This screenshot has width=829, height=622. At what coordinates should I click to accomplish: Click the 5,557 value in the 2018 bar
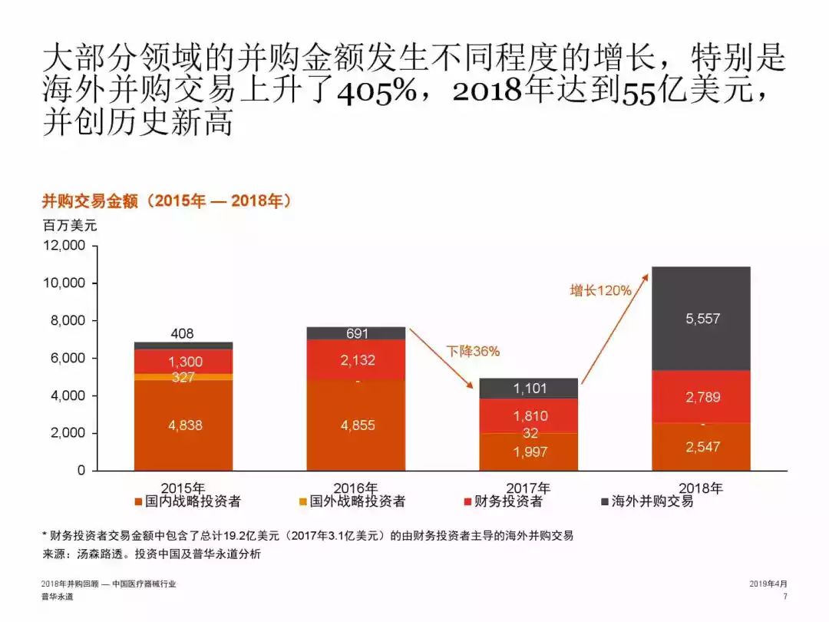point(702,318)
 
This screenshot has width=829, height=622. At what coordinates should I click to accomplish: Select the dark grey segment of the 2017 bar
point(530,389)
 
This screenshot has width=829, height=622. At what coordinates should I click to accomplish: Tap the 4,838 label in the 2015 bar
point(185,425)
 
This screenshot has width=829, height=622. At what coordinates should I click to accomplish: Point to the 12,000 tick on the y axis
point(64,246)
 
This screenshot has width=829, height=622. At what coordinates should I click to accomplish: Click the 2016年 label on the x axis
point(355,488)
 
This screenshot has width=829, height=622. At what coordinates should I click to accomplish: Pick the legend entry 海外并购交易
point(652,501)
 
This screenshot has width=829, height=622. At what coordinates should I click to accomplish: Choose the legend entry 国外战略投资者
point(356,501)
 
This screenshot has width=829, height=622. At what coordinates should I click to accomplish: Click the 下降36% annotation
point(473,352)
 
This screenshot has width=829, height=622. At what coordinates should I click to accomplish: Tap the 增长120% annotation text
point(600,290)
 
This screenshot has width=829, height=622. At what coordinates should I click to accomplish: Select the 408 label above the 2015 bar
point(183,333)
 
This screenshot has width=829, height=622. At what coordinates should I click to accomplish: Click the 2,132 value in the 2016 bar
point(358,360)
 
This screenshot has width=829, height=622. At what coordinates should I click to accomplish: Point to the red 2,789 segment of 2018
point(702,397)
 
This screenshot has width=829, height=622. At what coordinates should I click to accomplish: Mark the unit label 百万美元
point(69,226)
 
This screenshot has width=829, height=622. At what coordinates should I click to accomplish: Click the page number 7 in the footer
point(784,597)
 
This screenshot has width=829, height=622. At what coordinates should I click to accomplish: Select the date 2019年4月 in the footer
point(768,584)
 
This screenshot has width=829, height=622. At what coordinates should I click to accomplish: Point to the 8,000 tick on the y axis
point(67,321)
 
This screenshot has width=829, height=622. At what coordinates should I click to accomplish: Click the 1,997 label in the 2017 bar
point(530,452)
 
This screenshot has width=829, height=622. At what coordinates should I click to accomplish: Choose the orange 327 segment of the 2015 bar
point(183,377)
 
